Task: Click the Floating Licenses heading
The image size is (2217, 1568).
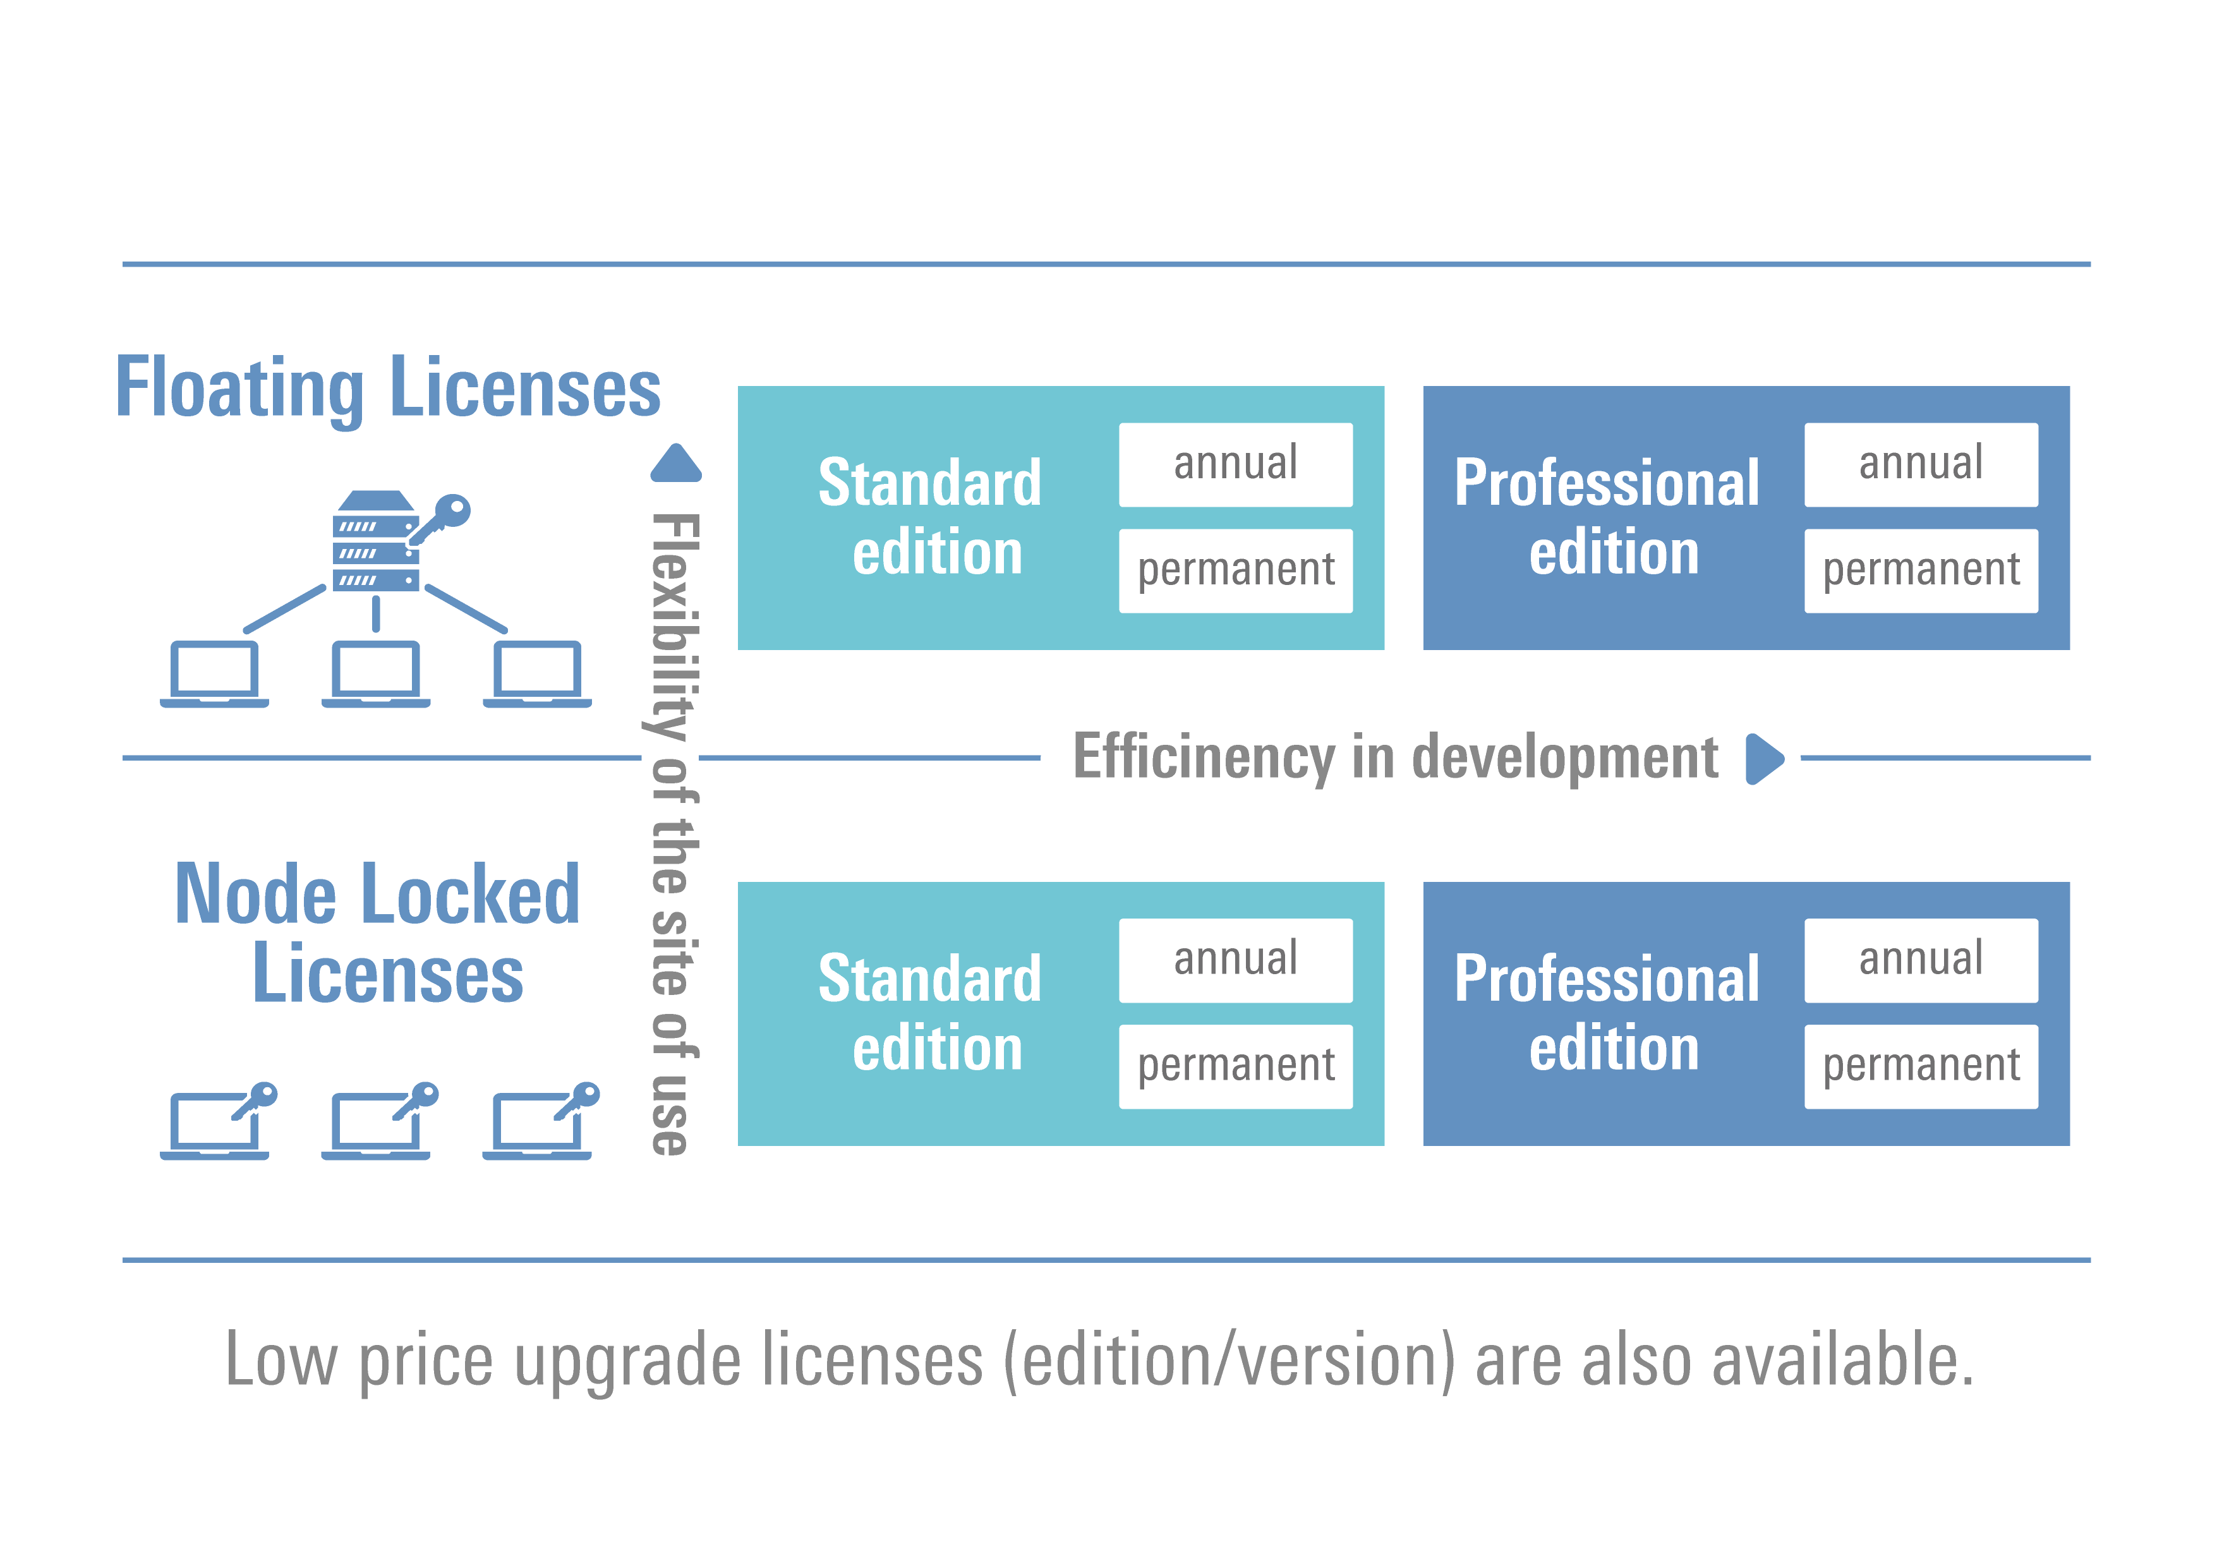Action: [387, 387]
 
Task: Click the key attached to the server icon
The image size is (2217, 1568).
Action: [442, 517]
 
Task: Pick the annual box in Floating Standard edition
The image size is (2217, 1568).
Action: [1235, 464]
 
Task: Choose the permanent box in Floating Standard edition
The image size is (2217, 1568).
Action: [1235, 570]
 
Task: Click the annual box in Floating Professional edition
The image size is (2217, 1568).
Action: [1921, 464]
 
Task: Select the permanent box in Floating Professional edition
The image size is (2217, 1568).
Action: [1921, 570]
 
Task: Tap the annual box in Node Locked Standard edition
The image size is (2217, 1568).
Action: [1235, 960]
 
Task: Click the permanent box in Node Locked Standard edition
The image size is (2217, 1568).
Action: [1235, 1066]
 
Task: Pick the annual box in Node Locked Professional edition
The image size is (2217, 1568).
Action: [1921, 960]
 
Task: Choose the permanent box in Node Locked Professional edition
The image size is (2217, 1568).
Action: [1921, 1066]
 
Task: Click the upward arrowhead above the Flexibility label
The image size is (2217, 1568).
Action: [676, 464]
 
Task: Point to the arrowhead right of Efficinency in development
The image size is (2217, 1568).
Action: [1765, 759]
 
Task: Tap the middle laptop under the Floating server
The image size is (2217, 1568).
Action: [376, 673]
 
